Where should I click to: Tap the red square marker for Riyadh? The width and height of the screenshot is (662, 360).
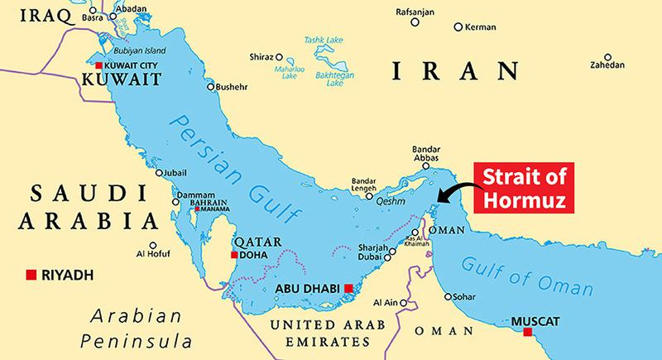(31, 274)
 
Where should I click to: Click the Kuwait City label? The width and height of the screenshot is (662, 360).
(135, 65)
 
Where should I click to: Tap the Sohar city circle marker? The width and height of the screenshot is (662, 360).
(448, 296)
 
